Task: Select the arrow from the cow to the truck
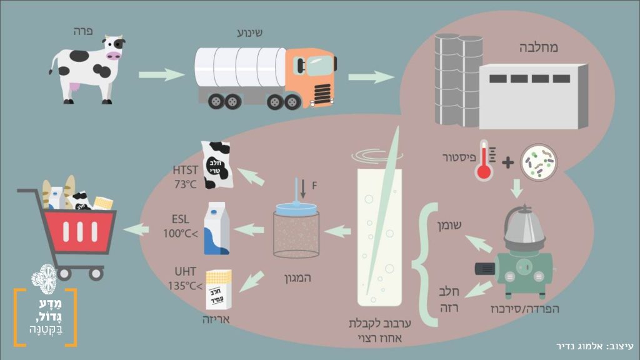161,75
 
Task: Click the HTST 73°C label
185,176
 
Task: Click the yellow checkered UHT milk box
219,289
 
